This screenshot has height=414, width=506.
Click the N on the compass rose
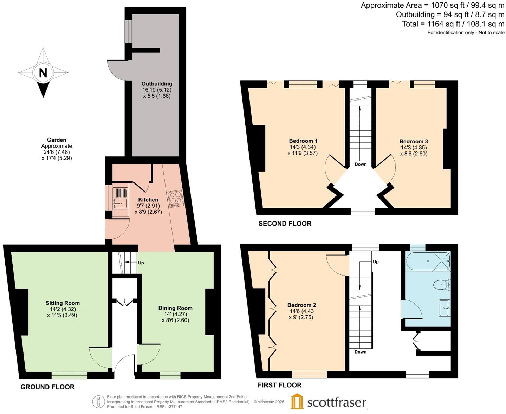click(x=43, y=73)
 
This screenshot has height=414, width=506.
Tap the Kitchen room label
click(x=148, y=200)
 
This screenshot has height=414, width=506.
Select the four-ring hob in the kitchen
click(x=176, y=199)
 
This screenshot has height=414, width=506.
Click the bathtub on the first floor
click(x=428, y=261)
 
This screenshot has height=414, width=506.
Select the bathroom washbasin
click(x=445, y=308)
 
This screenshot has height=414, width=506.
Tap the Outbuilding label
click(x=157, y=84)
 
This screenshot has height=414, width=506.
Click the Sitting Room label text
click(x=63, y=303)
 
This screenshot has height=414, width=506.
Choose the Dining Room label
click(x=175, y=308)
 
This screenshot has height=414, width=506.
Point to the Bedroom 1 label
click(x=303, y=141)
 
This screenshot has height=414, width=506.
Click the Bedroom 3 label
click(x=414, y=141)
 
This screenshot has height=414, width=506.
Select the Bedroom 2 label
click(x=301, y=305)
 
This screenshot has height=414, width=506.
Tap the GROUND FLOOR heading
click(x=47, y=387)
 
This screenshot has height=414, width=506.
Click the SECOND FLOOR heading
click(x=285, y=224)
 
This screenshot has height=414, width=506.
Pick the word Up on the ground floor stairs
click(x=141, y=263)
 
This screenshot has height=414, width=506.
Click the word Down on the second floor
click(x=361, y=164)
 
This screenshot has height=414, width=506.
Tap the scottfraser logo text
click(x=337, y=402)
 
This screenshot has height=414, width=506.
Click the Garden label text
click(x=57, y=140)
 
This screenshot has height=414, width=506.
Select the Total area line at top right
click(x=453, y=24)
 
